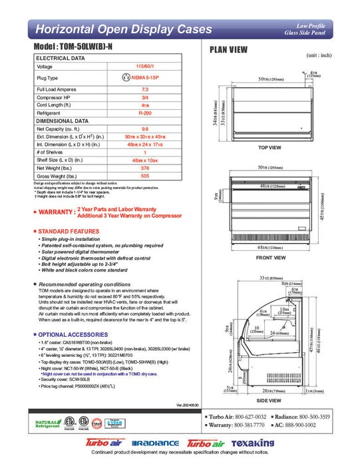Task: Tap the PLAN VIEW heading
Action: (x=230, y=49)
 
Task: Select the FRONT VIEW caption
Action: (x=271, y=258)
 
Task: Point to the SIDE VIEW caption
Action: (x=271, y=401)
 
